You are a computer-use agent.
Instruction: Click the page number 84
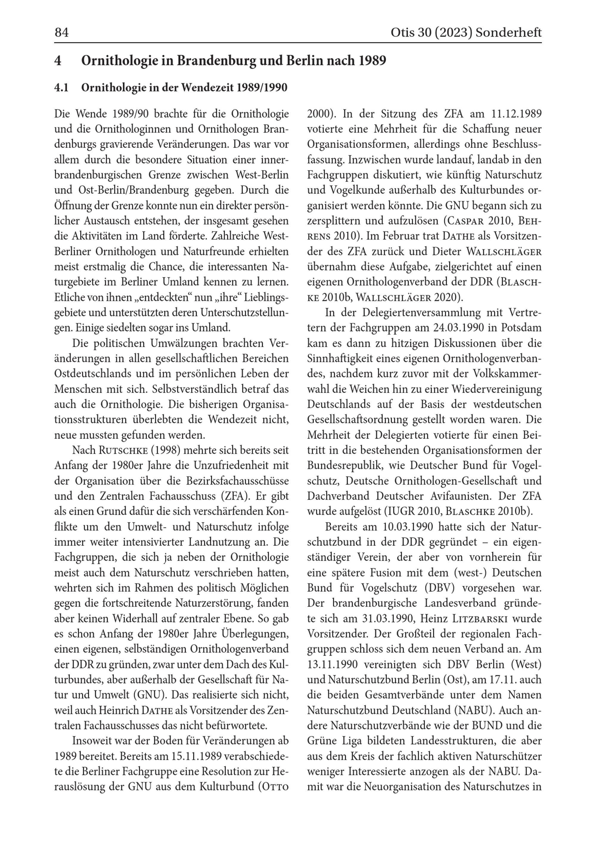tap(61, 32)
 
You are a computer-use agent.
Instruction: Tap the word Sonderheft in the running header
tap(508, 32)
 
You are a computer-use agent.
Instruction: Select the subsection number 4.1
tap(61, 88)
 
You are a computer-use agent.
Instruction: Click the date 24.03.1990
tap(454, 328)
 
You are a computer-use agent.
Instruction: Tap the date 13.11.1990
tap(332, 664)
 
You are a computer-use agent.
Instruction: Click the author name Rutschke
tap(123, 451)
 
